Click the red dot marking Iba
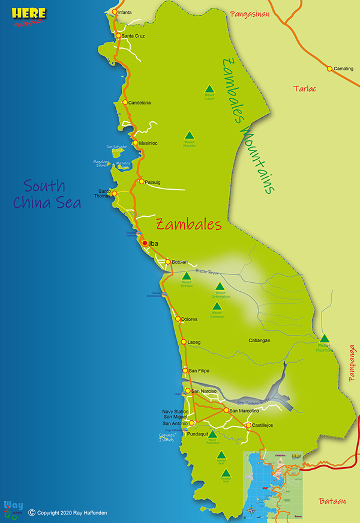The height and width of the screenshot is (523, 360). tap(145, 243)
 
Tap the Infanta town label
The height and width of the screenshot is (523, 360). tap(125, 12)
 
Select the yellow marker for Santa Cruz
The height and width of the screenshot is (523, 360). tap(118, 35)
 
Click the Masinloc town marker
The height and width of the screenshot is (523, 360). tap(136, 143)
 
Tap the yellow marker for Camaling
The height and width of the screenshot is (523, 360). tap(329, 68)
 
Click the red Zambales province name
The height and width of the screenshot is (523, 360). tap(189, 225)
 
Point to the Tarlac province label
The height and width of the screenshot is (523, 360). tap(305, 88)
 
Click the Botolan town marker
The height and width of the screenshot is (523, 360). tap(169, 262)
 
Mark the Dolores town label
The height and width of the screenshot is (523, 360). tap(190, 319)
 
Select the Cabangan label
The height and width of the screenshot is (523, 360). tap(260, 340)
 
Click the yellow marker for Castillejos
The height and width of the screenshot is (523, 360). tap(247, 426)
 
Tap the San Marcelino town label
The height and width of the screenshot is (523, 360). tap(245, 411)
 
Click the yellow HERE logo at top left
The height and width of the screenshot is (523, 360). tap(28, 11)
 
